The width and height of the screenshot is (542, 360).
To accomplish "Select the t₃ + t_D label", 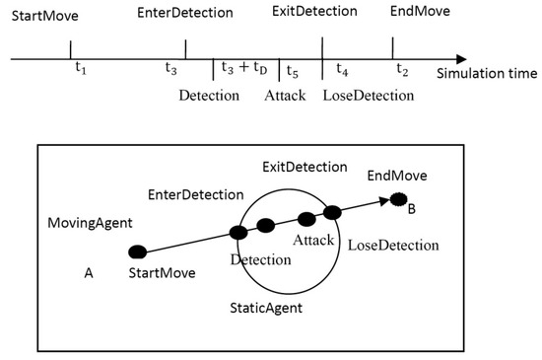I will [243, 70].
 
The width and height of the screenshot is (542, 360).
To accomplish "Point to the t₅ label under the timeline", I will [292, 70].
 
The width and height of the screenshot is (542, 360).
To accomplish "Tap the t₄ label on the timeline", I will [342, 70].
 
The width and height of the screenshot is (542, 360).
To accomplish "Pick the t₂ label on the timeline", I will [402, 70].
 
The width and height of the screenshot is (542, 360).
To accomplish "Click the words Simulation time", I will [488, 74].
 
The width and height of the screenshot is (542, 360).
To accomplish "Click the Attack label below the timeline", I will [285, 96].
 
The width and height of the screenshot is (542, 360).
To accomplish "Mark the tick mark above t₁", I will [71, 49].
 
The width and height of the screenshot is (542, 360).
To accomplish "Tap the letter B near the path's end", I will [411, 209].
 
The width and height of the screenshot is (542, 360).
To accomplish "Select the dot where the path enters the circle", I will [237, 233].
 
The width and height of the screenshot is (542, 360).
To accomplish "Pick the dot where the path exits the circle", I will [332, 212].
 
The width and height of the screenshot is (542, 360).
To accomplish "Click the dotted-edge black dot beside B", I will [398, 198].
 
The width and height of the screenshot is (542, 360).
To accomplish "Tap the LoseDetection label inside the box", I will [393, 245].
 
